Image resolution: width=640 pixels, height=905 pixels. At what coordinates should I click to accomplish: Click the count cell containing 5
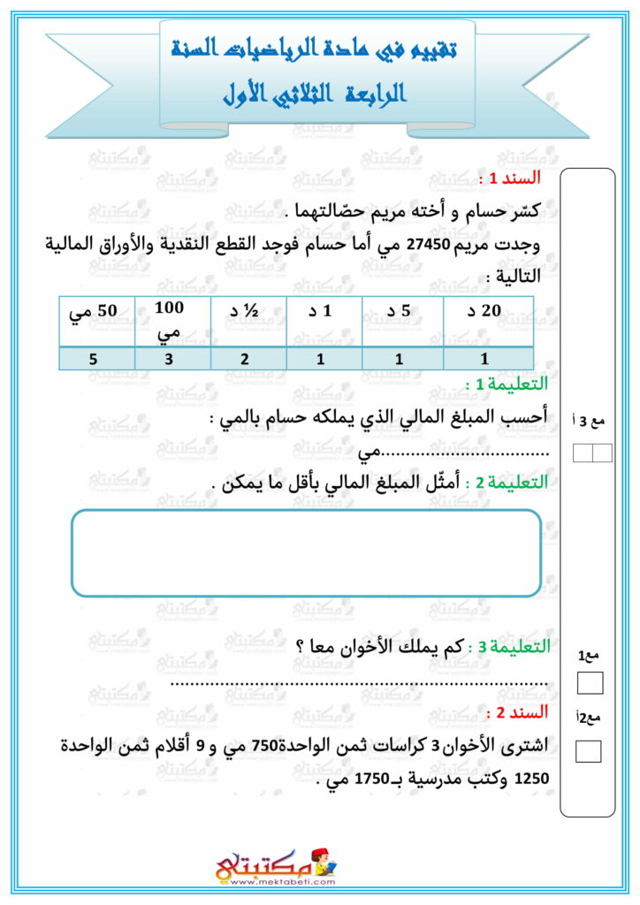pos(97,359)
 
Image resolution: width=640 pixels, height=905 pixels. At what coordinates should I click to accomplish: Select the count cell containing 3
pos(172,359)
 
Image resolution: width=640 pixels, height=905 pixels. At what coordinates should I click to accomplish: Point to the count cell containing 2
pos(248,359)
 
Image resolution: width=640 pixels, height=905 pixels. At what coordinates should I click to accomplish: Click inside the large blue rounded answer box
pos(305,552)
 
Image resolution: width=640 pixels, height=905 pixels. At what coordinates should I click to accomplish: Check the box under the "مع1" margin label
pos(589,683)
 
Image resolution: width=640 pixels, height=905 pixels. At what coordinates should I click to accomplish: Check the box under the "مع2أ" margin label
pos(589,751)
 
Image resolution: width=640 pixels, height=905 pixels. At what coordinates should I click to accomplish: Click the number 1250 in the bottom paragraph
pos(530,780)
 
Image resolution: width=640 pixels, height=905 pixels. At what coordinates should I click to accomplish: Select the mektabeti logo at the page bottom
pos(276,864)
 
